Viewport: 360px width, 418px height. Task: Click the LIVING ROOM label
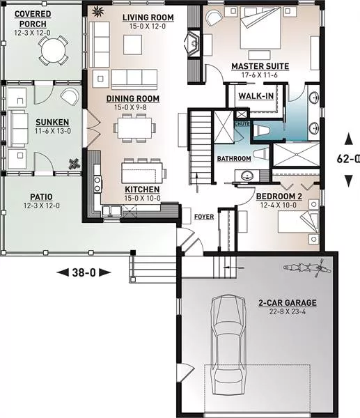pos(148,17)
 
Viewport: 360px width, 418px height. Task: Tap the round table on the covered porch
pos(53,50)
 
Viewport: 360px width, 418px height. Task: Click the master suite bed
pos(260,28)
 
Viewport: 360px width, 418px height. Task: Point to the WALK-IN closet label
pos(256,96)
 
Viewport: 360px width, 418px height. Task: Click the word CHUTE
pos(242,124)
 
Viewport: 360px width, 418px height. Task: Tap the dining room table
pos(134,128)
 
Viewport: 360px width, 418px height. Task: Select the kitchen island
pos(142,173)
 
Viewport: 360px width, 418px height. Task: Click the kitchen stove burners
pos(97,185)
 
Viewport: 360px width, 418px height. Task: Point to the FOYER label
pos(204,217)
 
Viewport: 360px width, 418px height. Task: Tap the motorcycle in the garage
pos(307,268)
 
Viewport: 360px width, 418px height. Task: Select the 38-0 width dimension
pos(84,272)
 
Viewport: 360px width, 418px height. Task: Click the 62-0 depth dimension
pos(348,159)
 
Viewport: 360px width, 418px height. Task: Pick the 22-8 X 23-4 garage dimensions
pos(288,311)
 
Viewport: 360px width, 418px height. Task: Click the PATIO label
pos(41,197)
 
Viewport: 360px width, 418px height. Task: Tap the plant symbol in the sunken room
pos(75,164)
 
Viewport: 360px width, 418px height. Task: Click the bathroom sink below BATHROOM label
pos(247,176)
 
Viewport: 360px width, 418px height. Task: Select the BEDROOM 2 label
pos(279,196)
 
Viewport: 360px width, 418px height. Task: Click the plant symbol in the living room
pos(97,11)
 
